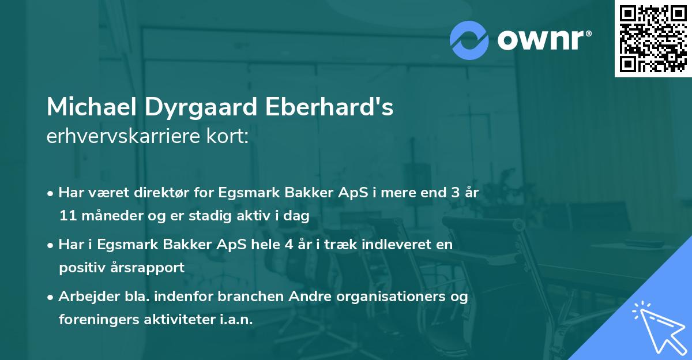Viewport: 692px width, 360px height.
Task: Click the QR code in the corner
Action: click(652, 39)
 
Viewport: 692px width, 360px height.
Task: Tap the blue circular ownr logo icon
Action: click(469, 40)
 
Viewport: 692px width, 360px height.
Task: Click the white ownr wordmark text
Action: click(543, 39)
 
